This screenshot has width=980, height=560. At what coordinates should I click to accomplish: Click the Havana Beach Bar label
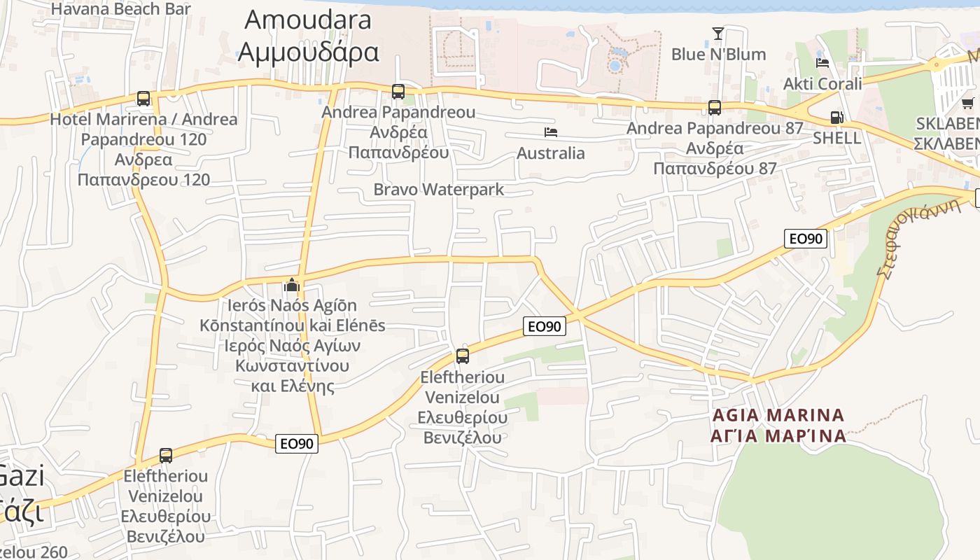[x=120, y=9]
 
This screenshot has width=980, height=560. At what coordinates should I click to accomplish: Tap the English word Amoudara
[x=307, y=20]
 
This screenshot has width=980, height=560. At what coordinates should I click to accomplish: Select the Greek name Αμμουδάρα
[x=307, y=51]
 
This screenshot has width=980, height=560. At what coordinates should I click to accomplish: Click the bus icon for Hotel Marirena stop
[x=143, y=99]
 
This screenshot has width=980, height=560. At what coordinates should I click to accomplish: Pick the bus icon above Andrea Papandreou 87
[x=714, y=108]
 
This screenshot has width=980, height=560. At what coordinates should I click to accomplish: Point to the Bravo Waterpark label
[x=438, y=189]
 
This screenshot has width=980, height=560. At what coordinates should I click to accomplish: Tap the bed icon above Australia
[x=551, y=132]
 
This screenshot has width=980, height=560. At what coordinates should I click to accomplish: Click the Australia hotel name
[x=551, y=153]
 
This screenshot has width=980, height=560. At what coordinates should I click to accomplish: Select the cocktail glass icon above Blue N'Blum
[x=717, y=33]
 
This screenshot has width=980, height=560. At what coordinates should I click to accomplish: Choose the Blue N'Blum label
[x=718, y=54]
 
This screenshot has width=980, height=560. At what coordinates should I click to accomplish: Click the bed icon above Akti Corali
[x=822, y=63]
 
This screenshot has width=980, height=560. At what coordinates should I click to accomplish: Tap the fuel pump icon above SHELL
[x=836, y=118]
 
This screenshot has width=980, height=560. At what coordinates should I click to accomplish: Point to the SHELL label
[x=836, y=138]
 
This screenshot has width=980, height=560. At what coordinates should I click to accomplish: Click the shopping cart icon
[x=967, y=104]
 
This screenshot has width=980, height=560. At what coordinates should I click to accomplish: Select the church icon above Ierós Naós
[x=291, y=285]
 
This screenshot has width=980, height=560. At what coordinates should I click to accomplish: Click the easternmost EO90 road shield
[x=805, y=239]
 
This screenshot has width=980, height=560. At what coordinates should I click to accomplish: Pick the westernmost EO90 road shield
[x=297, y=443]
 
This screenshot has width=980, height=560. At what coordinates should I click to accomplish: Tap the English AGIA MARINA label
[x=778, y=415]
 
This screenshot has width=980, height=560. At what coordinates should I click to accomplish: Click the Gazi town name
[x=22, y=477]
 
